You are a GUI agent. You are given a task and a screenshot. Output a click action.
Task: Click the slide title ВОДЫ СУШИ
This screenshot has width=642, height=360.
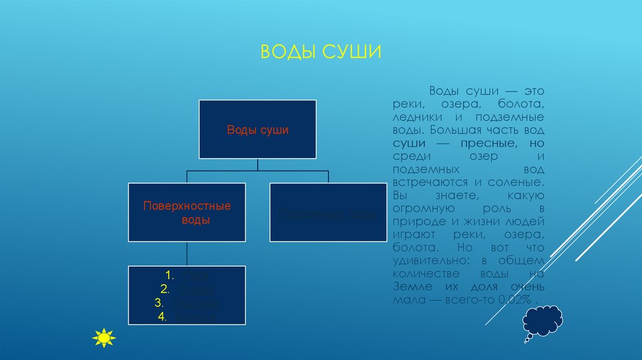click(320, 51)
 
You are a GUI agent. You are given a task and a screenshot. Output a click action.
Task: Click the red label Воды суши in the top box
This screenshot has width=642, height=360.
click(257, 130)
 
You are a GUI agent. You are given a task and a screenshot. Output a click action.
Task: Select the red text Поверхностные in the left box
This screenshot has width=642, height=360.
click(187, 206)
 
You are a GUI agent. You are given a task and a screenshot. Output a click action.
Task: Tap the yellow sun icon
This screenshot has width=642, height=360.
click(103, 337)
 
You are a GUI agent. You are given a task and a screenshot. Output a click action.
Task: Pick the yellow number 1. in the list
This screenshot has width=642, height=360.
click(169, 275)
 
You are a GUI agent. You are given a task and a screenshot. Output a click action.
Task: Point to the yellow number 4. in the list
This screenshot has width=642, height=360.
click(162, 317)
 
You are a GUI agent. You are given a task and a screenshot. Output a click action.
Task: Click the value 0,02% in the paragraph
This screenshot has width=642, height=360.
click(518, 301)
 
